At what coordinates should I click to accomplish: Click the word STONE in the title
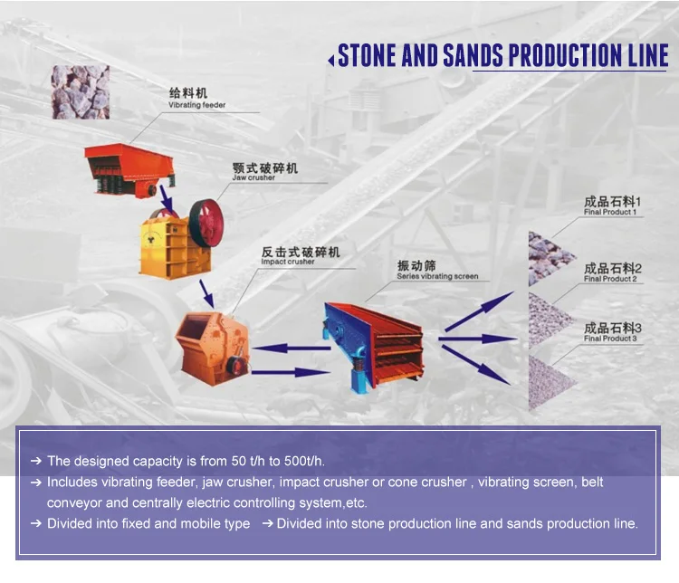(x=367, y=55)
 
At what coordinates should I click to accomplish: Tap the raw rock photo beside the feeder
(x=81, y=92)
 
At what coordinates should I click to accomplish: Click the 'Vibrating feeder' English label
(x=197, y=105)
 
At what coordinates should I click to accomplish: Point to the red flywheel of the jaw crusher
(x=206, y=223)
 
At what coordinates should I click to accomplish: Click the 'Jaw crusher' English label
(x=253, y=177)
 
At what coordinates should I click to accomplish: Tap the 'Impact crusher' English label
(x=288, y=262)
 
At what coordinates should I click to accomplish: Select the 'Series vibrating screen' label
(x=438, y=276)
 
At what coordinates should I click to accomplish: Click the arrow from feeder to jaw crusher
(x=167, y=200)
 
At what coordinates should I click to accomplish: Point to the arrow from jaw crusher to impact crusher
(x=206, y=293)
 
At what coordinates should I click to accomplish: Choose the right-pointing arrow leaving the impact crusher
(x=291, y=372)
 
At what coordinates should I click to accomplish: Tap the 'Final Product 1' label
(x=610, y=212)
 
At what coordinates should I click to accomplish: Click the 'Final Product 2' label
(x=610, y=279)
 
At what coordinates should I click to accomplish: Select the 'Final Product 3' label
(x=610, y=339)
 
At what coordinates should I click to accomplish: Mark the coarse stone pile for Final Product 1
(x=550, y=258)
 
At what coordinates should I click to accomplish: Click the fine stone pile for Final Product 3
(x=549, y=383)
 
